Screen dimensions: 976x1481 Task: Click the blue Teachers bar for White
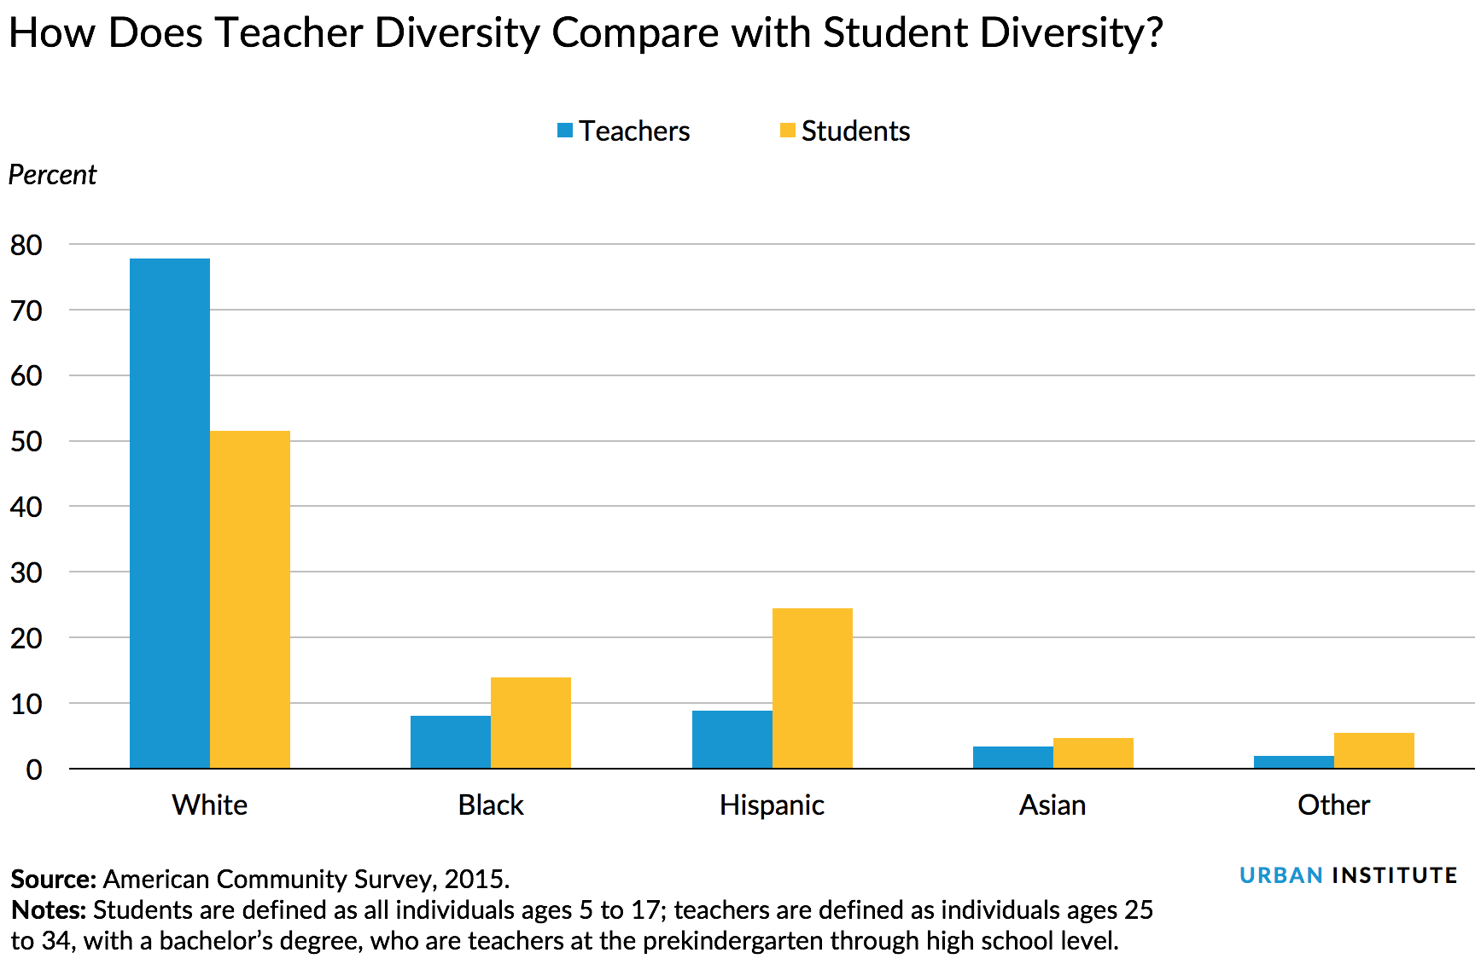coord(169,513)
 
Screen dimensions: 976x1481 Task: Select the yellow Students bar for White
coord(250,599)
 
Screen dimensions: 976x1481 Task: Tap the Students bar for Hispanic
coord(812,688)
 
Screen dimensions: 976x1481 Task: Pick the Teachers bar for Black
coord(450,741)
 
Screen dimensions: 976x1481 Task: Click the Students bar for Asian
coord(1093,752)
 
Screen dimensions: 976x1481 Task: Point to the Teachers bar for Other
coord(1293,761)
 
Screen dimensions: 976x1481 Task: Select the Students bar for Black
coord(530,722)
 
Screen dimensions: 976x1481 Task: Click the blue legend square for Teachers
coord(564,131)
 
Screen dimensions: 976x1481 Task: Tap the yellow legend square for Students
coord(787,131)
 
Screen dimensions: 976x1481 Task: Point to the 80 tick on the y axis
coord(26,246)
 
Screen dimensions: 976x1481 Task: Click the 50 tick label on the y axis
coord(26,442)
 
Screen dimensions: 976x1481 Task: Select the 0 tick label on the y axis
coord(34,770)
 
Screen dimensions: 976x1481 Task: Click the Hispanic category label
coord(772,805)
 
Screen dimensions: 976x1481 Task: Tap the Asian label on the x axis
coord(1052,805)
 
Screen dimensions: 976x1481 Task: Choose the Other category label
coord(1333,805)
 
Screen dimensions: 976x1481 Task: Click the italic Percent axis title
coord(52,175)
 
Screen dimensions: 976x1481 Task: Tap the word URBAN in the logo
coord(1280,875)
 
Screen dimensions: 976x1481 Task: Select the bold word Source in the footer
coord(53,879)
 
